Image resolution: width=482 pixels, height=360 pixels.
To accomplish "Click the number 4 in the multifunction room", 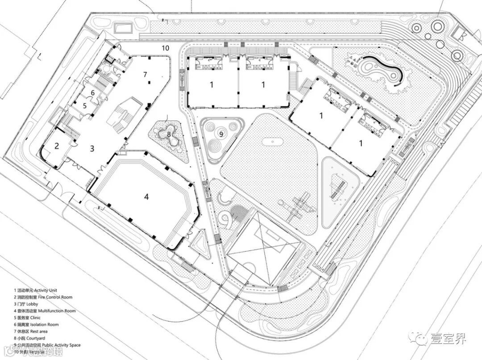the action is (146, 197).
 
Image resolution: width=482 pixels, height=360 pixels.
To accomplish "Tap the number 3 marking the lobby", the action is (91, 148).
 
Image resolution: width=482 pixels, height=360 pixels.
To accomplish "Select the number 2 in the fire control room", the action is (57, 146).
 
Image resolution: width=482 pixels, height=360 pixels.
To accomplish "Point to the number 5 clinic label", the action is (84, 106).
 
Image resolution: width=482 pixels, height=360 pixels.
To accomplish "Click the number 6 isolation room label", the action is (92, 92).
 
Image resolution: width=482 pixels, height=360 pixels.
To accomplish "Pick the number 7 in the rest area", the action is (145, 74).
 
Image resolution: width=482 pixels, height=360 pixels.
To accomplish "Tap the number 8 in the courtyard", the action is (169, 134).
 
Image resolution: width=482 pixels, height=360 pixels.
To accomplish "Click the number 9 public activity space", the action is (220, 133).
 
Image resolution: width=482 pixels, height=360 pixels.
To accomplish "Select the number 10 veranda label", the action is (165, 47).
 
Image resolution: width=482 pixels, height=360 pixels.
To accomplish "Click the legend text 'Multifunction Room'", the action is (57, 311).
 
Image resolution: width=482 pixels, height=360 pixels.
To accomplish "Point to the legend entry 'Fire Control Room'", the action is (55, 297).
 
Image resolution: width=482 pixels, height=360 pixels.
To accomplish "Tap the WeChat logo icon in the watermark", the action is (422, 338).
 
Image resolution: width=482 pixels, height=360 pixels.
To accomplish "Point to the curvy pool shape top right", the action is (379, 72).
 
